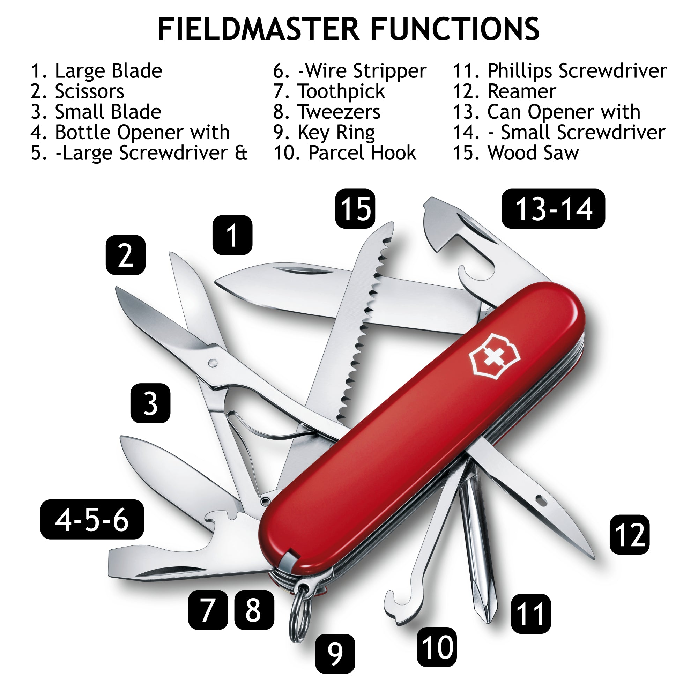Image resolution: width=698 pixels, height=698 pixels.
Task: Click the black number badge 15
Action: point(355,208)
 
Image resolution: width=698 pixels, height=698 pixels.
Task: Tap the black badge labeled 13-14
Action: point(553,208)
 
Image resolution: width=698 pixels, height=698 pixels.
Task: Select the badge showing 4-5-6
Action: point(92,519)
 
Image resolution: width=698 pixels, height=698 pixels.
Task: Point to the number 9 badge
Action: point(335,654)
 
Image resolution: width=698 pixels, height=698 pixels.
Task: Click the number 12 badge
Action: point(629,534)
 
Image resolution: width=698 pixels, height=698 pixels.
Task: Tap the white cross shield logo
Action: point(494,357)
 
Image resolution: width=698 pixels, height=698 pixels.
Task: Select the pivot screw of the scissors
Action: point(213,362)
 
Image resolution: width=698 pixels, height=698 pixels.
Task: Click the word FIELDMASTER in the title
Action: point(259,29)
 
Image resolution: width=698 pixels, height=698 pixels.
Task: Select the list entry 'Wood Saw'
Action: point(533,153)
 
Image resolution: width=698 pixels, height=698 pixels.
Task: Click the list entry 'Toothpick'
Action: point(341,91)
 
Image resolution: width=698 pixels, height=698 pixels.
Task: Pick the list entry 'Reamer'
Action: point(521,91)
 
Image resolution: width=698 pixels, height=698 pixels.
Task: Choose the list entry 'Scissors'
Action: point(89,91)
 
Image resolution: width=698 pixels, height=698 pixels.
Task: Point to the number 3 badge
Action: point(150,403)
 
